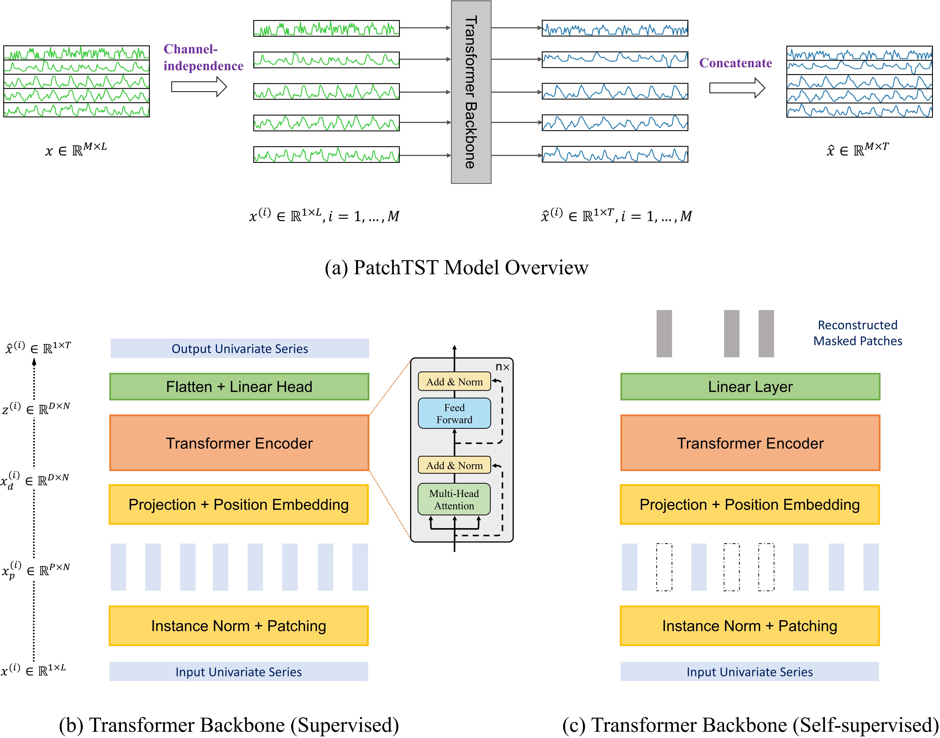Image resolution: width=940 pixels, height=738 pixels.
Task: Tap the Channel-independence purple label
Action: [x=203, y=57]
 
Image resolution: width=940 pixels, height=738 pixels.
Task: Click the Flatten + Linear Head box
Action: [x=239, y=386]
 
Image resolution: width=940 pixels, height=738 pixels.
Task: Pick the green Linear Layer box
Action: [x=750, y=386]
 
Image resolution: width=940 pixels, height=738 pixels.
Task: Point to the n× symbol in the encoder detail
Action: [x=502, y=367]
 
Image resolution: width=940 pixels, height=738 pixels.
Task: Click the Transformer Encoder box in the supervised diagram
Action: [x=239, y=443]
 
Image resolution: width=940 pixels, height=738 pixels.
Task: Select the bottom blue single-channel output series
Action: [x=615, y=154]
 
